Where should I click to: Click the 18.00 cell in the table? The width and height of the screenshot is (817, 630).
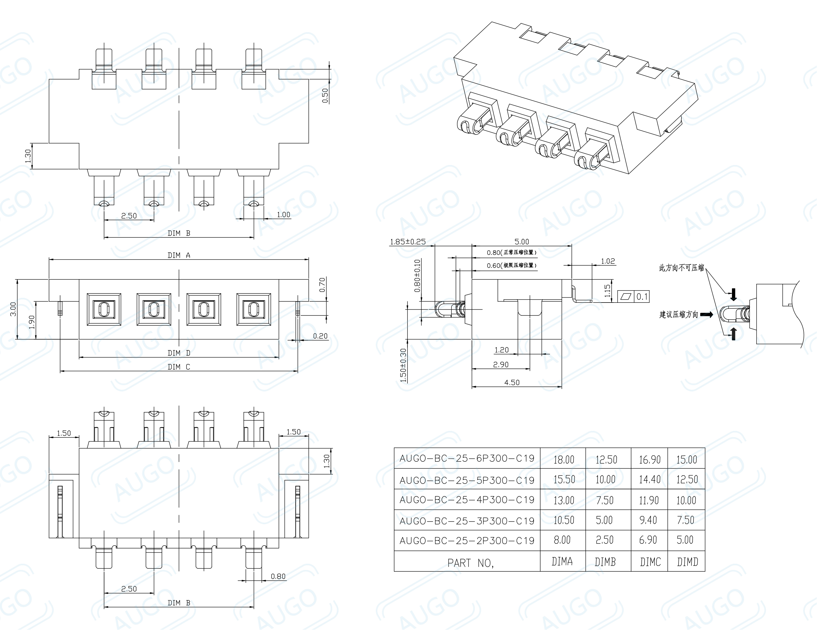click(x=563, y=459)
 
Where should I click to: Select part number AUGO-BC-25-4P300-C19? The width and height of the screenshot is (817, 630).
click(x=467, y=500)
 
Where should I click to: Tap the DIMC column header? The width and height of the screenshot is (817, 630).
click(x=650, y=562)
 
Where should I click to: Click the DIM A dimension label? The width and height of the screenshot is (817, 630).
click(x=179, y=255)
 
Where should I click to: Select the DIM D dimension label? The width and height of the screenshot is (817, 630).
click(x=179, y=353)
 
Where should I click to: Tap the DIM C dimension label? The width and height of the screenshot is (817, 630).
click(x=179, y=367)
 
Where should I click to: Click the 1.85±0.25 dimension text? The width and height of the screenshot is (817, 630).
click(x=408, y=242)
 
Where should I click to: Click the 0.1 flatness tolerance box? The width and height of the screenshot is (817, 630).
click(x=642, y=296)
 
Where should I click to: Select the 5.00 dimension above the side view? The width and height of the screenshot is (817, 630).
click(x=522, y=242)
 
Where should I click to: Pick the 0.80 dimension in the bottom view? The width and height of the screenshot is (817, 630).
click(x=278, y=576)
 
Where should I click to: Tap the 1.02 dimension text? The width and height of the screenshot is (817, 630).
click(x=608, y=261)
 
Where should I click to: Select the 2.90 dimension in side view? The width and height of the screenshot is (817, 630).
click(x=500, y=364)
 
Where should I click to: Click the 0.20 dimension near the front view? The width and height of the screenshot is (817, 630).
click(x=320, y=336)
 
